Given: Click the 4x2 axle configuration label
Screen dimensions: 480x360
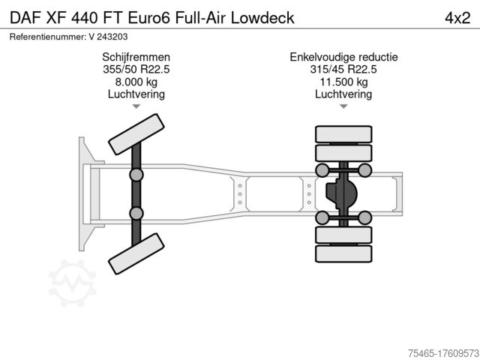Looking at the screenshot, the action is [x=457, y=18].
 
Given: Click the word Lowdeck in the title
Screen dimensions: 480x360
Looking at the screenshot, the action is [x=262, y=18].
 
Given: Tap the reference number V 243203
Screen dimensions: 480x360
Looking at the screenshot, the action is [x=108, y=37].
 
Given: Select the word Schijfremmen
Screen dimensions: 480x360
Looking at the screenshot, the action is [x=136, y=57].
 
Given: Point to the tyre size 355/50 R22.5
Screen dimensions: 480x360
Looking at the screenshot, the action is [x=136, y=69].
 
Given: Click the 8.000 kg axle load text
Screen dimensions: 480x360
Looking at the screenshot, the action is [x=136, y=82].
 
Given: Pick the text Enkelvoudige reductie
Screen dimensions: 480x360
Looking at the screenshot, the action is [x=343, y=57].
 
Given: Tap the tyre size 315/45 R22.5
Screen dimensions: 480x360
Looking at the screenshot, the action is [x=343, y=69].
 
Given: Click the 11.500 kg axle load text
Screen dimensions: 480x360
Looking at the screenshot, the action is [x=343, y=82].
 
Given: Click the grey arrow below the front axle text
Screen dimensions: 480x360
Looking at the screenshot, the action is [x=136, y=106].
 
